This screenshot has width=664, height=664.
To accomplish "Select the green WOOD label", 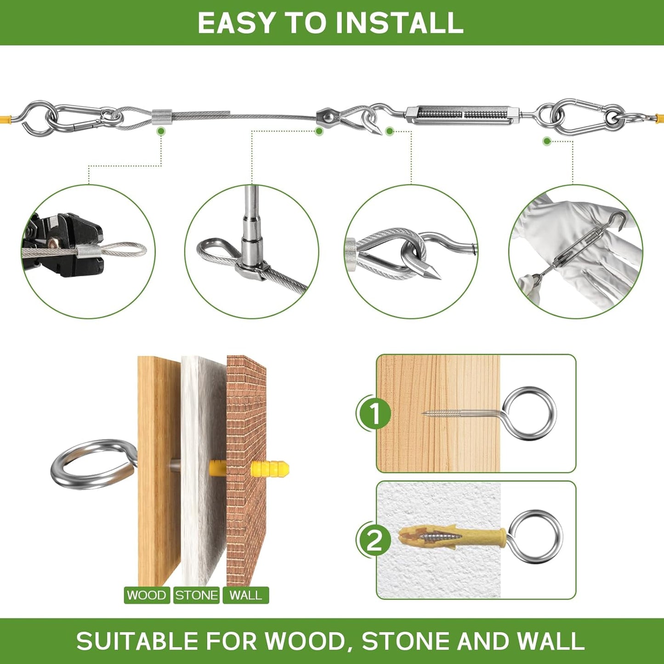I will coord(147,595).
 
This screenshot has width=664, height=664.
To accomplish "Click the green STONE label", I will coord(196,595).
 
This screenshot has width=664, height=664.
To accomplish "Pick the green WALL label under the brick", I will coord(246,595).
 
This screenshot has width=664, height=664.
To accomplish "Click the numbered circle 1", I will coord(375,413).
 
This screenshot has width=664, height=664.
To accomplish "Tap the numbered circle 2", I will coord(375,540).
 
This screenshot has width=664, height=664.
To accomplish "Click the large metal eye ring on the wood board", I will coord(92,464).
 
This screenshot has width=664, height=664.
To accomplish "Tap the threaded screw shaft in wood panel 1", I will coord(460,413).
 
